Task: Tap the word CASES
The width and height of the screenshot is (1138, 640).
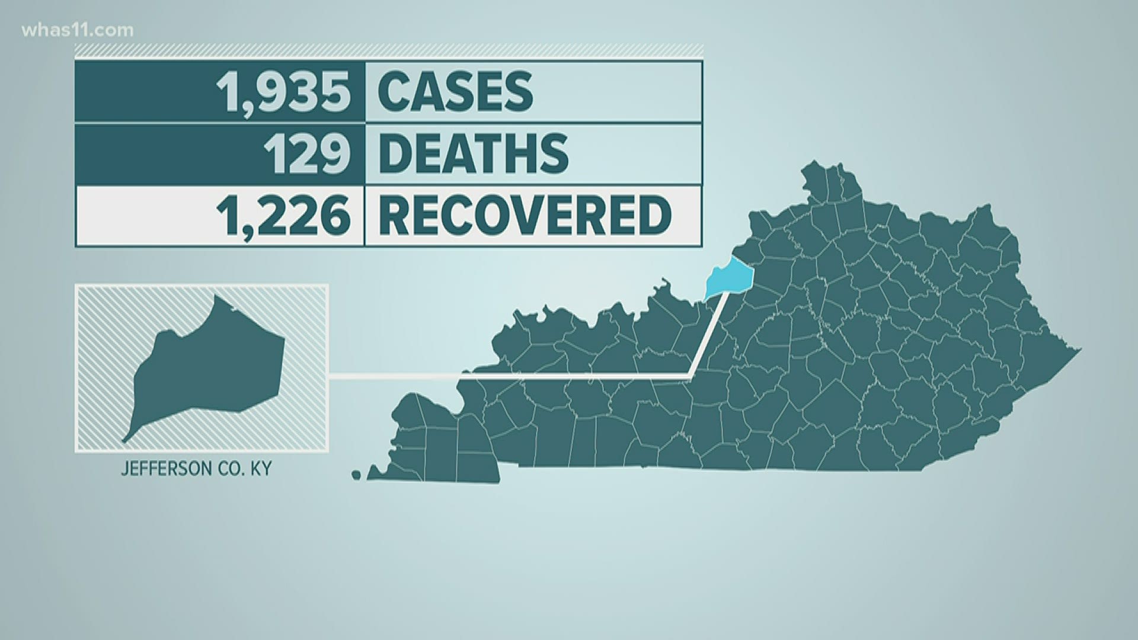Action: click(455, 92)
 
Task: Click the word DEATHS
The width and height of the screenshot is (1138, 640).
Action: click(472, 153)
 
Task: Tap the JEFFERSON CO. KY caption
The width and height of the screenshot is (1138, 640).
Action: click(196, 469)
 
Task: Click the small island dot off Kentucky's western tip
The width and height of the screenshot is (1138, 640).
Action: click(356, 475)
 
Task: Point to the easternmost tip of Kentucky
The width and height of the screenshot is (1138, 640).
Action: click(1080, 350)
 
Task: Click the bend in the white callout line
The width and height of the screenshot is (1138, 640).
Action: click(690, 375)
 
